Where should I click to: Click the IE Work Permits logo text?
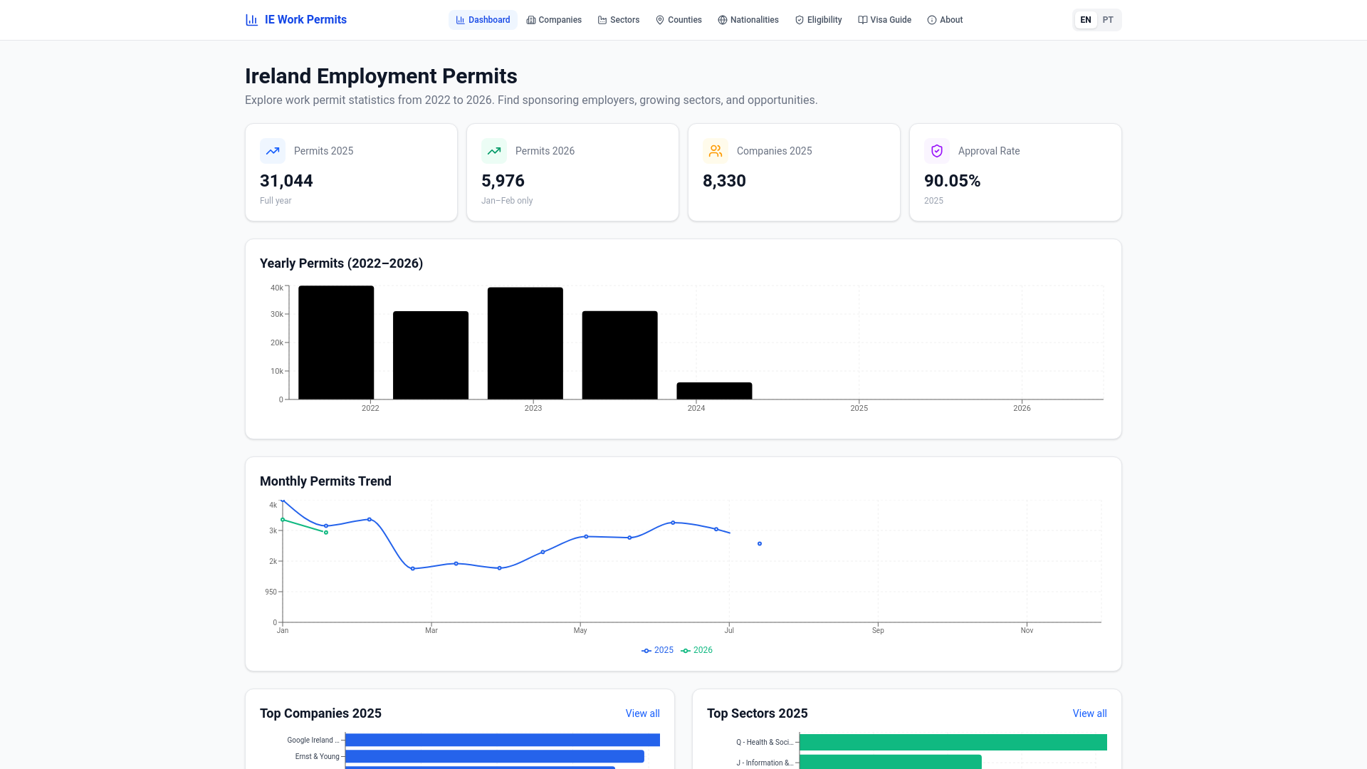coord(305,20)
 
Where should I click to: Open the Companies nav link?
coord(554,20)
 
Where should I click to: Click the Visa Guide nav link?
coord(884,20)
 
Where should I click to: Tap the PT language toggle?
coord(1108,20)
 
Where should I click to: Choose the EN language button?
coord(1085,20)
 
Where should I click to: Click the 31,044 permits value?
coord(286,181)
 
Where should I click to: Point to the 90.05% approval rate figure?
coord(952,181)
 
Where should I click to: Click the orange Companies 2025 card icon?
coord(715,151)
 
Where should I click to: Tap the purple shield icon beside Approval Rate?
coord(936,151)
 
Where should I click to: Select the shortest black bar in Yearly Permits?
coord(714,391)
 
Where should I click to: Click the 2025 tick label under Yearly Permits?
coord(859,408)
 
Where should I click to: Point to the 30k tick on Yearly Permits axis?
coord(276,314)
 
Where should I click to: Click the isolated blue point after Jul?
coord(760,544)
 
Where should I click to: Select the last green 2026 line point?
coord(326,533)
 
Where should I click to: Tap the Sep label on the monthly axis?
coord(878,630)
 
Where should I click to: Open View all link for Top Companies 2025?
coord(642,713)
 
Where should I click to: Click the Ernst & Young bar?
coord(494,756)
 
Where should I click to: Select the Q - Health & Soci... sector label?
coord(764,742)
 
